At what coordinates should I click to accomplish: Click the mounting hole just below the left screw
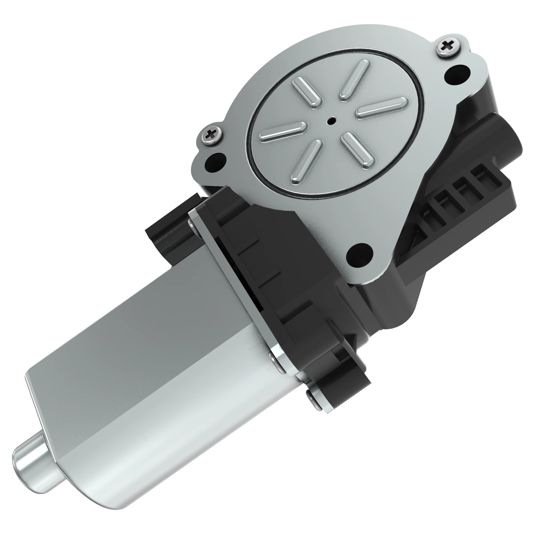click(216, 162)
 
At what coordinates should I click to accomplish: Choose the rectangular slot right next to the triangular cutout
click(430, 218)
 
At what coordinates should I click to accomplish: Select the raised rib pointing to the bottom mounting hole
click(358, 151)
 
